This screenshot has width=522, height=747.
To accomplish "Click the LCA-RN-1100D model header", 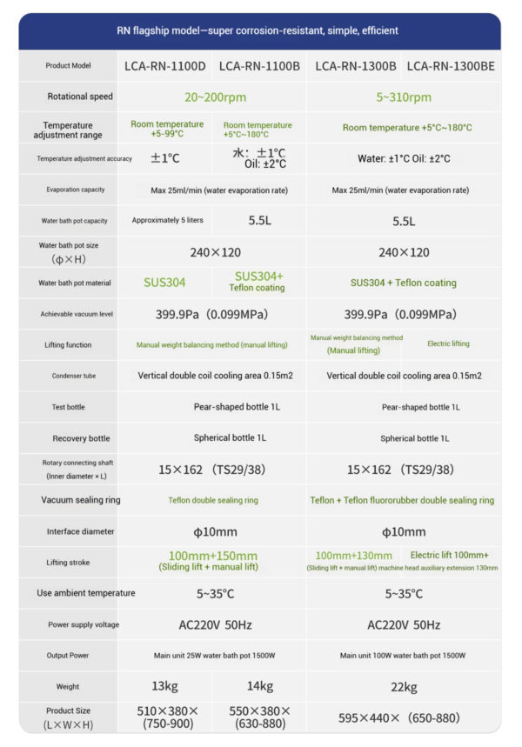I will click(164, 65).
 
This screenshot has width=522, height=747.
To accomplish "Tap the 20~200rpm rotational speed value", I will click(212, 97).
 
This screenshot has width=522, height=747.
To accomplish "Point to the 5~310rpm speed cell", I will click(404, 97).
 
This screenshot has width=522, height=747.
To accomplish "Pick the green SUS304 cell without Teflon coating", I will click(164, 283).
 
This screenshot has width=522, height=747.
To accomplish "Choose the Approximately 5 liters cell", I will click(164, 221).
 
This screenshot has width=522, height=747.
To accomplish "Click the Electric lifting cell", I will click(448, 343).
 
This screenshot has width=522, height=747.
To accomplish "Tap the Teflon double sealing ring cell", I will click(212, 500).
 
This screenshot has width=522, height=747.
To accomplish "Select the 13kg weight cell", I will click(164, 686).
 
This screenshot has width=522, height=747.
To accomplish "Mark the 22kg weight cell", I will click(404, 686).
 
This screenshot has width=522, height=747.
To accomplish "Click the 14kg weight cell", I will click(260, 686).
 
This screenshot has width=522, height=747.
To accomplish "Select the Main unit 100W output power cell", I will click(404, 656).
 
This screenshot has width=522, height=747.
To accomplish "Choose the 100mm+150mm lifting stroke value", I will click(212, 556).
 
